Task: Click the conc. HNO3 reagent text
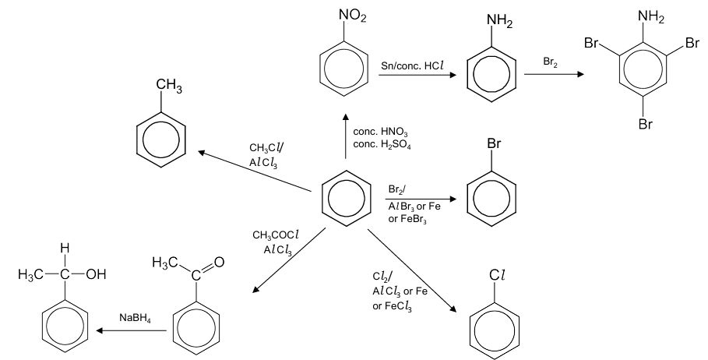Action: tap(380, 132)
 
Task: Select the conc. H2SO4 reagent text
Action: tap(382, 145)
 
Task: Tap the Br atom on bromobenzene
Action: tap(492, 144)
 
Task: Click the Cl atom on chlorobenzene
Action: tap(498, 275)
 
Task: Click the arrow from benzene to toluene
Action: tap(258, 170)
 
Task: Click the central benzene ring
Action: tap(347, 194)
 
